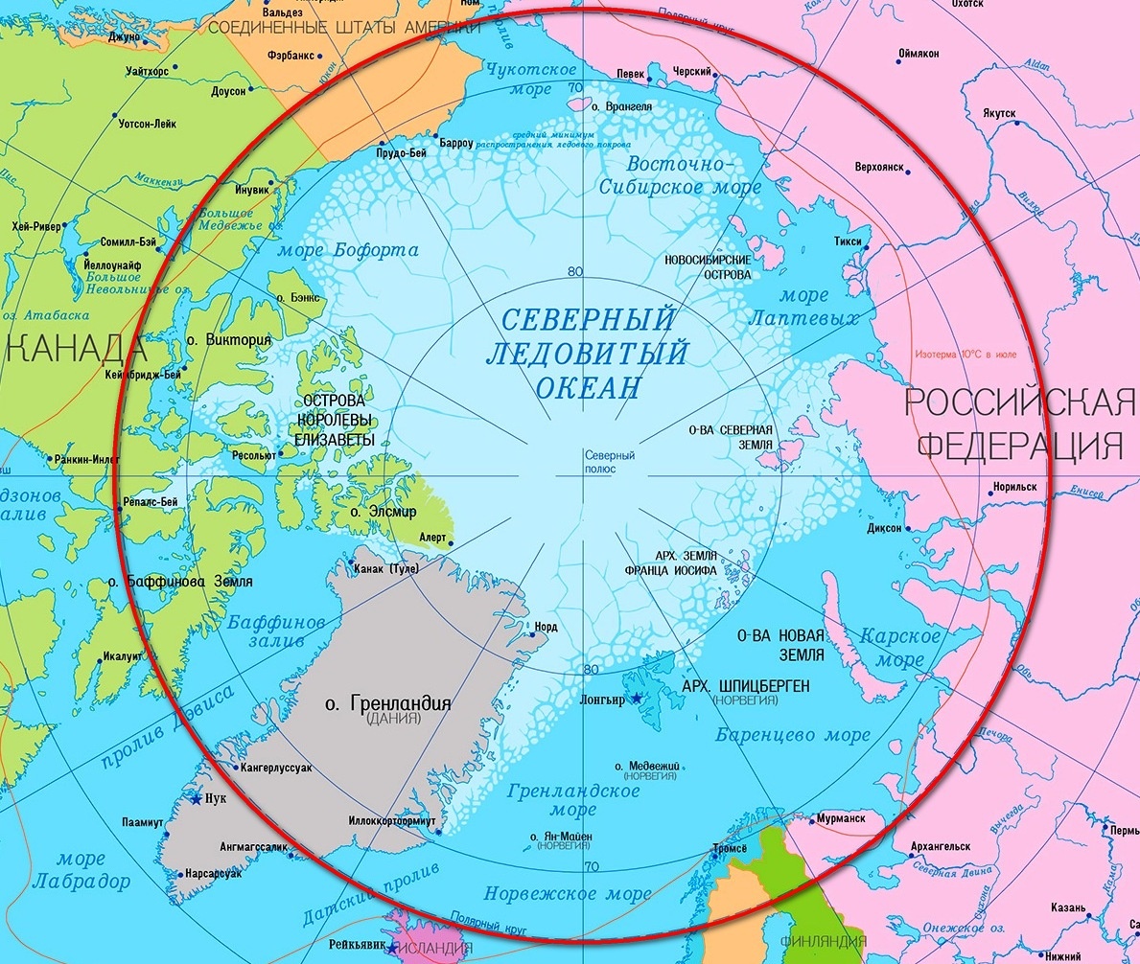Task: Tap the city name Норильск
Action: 1015,487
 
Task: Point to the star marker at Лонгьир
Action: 635,699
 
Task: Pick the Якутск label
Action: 998,113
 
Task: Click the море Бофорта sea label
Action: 348,251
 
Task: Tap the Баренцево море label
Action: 779,736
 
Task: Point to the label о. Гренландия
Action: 388,704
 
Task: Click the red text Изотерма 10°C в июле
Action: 978,354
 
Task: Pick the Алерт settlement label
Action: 432,538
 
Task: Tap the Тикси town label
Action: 848,242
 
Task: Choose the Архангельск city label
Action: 940,847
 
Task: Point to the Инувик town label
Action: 252,190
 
